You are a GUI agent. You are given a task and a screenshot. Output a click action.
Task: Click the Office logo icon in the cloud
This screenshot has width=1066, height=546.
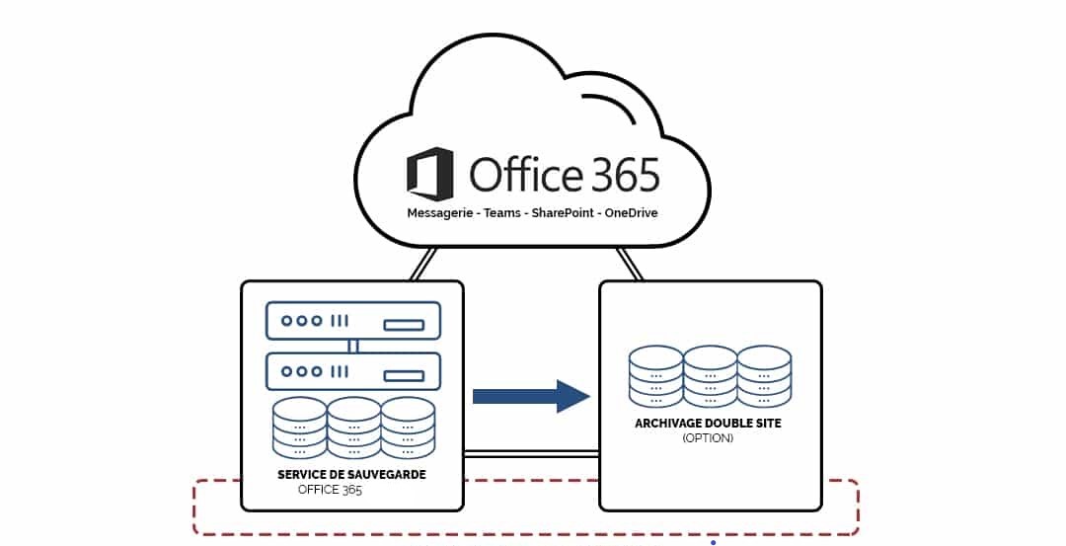tap(430, 175)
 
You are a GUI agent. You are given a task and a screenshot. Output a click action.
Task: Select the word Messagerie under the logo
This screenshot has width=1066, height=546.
tap(442, 213)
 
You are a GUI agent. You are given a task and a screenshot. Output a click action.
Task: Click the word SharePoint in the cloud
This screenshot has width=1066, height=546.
tap(566, 213)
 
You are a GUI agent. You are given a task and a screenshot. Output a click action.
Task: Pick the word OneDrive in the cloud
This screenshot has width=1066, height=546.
tap(632, 213)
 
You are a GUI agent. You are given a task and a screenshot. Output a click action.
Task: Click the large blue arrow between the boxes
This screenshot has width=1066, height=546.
tap(531, 396)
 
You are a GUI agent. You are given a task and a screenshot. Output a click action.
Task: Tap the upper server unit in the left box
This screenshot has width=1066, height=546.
tap(352, 321)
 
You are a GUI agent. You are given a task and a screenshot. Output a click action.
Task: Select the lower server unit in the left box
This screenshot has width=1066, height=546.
tap(352, 371)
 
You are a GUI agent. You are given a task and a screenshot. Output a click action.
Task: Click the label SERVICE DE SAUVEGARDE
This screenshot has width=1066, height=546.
tap(351, 475)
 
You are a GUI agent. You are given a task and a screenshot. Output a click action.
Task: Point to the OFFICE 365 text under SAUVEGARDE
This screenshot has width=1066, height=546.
tap(330, 489)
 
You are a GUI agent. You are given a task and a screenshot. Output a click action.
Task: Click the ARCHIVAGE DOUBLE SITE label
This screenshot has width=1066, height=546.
tap(708, 424)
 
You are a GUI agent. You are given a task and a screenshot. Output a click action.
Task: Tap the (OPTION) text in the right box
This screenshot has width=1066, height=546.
tap(708, 437)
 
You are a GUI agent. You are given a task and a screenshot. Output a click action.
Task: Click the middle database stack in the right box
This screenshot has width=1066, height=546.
tap(710, 376)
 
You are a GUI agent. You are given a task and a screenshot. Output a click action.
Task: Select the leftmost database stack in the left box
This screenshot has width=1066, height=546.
tap(300, 429)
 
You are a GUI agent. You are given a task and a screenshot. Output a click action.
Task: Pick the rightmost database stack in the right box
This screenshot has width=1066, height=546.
tap(764, 376)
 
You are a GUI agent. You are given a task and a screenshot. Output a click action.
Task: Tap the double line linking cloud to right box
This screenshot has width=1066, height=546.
tap(629, 264)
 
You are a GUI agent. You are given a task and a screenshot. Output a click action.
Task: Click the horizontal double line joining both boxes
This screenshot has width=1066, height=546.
tap(531, 453)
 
